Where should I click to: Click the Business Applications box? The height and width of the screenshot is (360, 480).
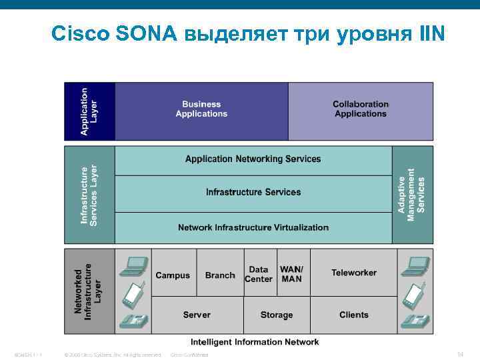click(x=201, y=109)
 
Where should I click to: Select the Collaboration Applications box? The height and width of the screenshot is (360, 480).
click(x=361, y=109)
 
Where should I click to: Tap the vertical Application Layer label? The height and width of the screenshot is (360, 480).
click(x=89, y=111)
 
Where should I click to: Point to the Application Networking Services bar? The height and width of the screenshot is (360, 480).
click(x=253, y=159)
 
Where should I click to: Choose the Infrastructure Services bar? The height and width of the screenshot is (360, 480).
click(x=253, y=193)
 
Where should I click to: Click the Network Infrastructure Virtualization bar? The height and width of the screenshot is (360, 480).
click(x=253, y=227)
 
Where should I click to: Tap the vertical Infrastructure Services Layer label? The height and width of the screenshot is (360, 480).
click(x=89, y=195)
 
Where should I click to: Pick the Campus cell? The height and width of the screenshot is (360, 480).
click(x=173, y=275)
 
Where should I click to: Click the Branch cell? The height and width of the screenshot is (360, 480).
click(x=220, y=275)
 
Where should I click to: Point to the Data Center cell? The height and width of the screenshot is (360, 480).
click(x=259, y=275)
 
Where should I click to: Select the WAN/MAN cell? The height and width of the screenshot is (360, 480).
click(x=292, y=275)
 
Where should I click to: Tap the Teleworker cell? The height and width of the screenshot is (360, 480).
click(x=354, y=273)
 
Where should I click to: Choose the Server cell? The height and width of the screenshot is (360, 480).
click(x=197, y=315)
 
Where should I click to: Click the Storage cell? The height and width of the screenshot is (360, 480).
click(x=277, y=315)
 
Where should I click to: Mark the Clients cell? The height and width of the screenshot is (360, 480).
click(x=354, y=315)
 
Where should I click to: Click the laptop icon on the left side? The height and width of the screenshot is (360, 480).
click(x=133, y=266)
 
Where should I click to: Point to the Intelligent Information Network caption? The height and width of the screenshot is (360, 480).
click(x=255, y=342)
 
